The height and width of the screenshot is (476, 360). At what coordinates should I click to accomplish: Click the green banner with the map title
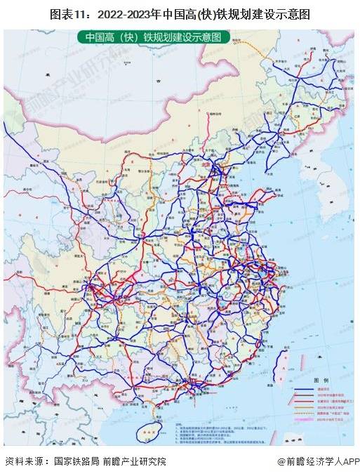click(152, 37)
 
